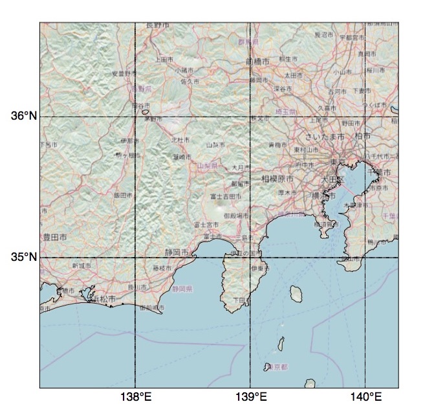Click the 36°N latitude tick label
tap(25, 116)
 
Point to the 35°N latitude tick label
tap(25, 258)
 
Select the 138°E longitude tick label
tap(135, 397)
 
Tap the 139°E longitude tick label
tap(250, 397)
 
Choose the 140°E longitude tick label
tap(365, 397)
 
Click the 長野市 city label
tap(158, 25)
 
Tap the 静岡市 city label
tap(177, 252)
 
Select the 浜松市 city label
tap(104, 300)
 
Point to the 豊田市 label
tap(54, 238)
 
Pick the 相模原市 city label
tap(277, 178)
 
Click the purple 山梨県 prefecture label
tap(208, 166)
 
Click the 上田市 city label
tap(162, 59)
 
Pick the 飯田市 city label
tap(122, 195)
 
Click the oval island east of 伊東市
tap(296, 295)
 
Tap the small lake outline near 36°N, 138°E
tap(145, 111)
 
